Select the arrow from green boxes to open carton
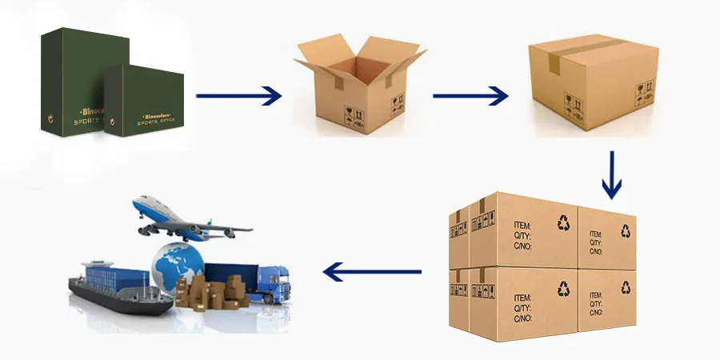pyautogui.click(x=238, y=97)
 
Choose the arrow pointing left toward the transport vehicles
pyautogui.click(x=371, y=274)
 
